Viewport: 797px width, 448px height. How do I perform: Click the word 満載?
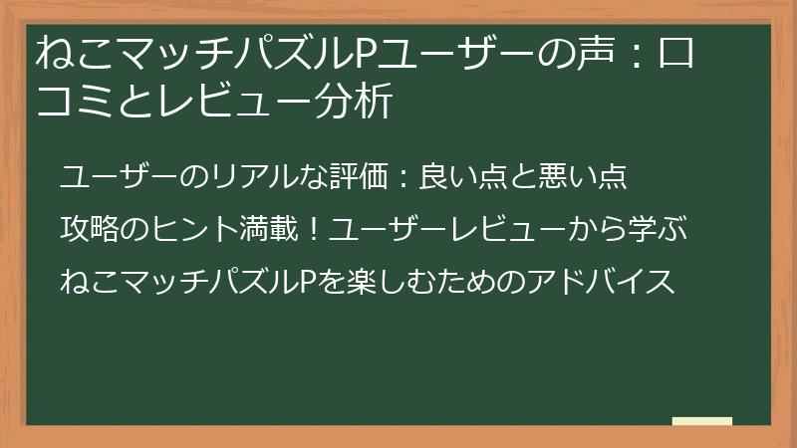click(273, 230)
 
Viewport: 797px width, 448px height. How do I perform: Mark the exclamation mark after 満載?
click(314, 230)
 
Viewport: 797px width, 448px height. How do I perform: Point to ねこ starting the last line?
click(86, 282)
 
